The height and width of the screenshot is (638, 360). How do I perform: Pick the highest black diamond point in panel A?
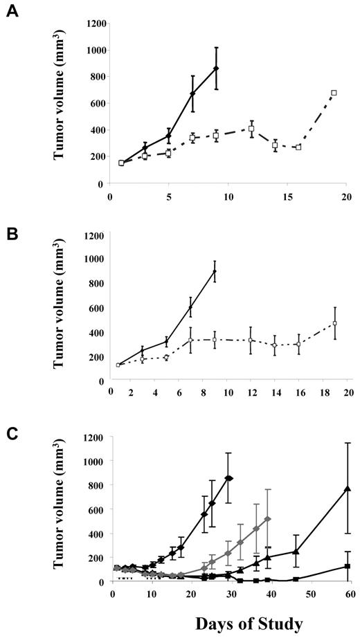[217, 69]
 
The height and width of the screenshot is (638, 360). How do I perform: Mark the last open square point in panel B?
[334, 323]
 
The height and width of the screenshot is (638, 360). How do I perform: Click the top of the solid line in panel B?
[215, 271]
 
